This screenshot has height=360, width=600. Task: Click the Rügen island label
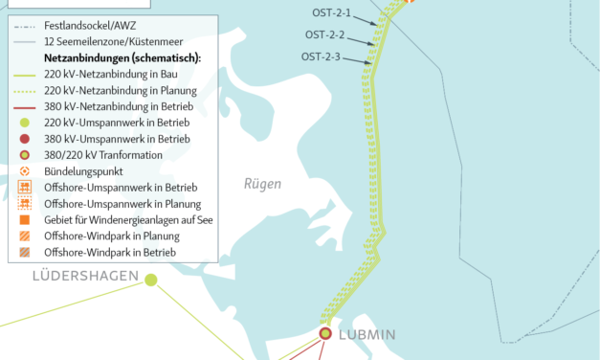(260, 184)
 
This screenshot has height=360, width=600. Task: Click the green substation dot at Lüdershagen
(150, 279)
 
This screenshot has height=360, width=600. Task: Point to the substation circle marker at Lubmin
(325, 333)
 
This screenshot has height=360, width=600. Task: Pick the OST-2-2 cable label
(324, 35)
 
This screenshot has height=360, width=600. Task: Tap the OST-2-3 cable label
(321, 57)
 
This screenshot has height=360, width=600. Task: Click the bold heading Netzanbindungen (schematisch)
(122, 58)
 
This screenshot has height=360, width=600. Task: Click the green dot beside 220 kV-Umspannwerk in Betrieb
(24, 124)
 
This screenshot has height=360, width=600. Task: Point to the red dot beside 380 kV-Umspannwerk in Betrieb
(24, 140)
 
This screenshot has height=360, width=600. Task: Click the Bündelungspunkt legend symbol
(24, 171)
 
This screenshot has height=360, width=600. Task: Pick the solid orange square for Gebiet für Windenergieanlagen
(24, 220)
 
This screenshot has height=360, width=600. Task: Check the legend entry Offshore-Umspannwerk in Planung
(122, 204)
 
